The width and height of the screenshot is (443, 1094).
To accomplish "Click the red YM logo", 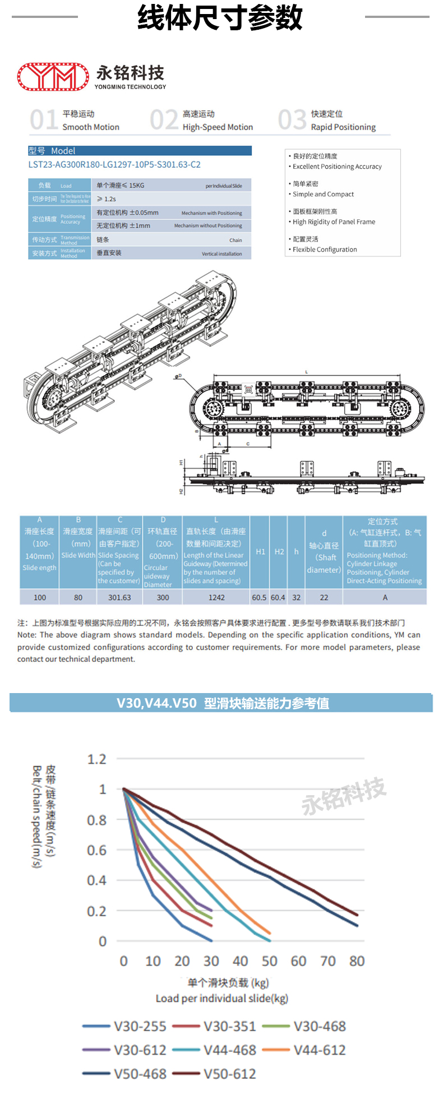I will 53,77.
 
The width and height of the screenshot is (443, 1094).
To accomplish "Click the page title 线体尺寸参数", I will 220,17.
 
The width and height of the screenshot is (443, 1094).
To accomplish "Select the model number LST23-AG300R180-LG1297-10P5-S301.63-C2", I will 114,165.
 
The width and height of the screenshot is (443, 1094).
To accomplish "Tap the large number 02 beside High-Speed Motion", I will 164,120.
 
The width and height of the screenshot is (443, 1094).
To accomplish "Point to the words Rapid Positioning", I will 343,127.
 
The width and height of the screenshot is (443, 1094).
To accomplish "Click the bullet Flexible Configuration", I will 325,250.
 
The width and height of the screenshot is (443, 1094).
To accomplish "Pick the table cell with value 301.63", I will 119,598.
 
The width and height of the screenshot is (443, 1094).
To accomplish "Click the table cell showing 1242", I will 216,598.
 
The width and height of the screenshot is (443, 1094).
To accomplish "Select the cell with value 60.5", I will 259,598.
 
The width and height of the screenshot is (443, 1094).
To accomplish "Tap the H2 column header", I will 279,552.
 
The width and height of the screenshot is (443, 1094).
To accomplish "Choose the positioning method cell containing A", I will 385,598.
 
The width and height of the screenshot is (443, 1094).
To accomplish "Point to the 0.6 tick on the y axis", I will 96,850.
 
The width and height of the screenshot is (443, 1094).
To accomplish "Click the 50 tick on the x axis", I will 269,961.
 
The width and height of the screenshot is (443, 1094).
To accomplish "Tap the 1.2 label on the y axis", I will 96,759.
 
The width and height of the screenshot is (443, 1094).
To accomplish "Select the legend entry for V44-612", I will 320,1050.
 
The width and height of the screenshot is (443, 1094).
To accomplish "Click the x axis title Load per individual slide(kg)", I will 222,998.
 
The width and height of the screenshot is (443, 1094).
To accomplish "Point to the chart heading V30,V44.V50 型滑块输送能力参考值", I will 223,703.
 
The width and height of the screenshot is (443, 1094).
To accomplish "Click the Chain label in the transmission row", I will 236,240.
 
